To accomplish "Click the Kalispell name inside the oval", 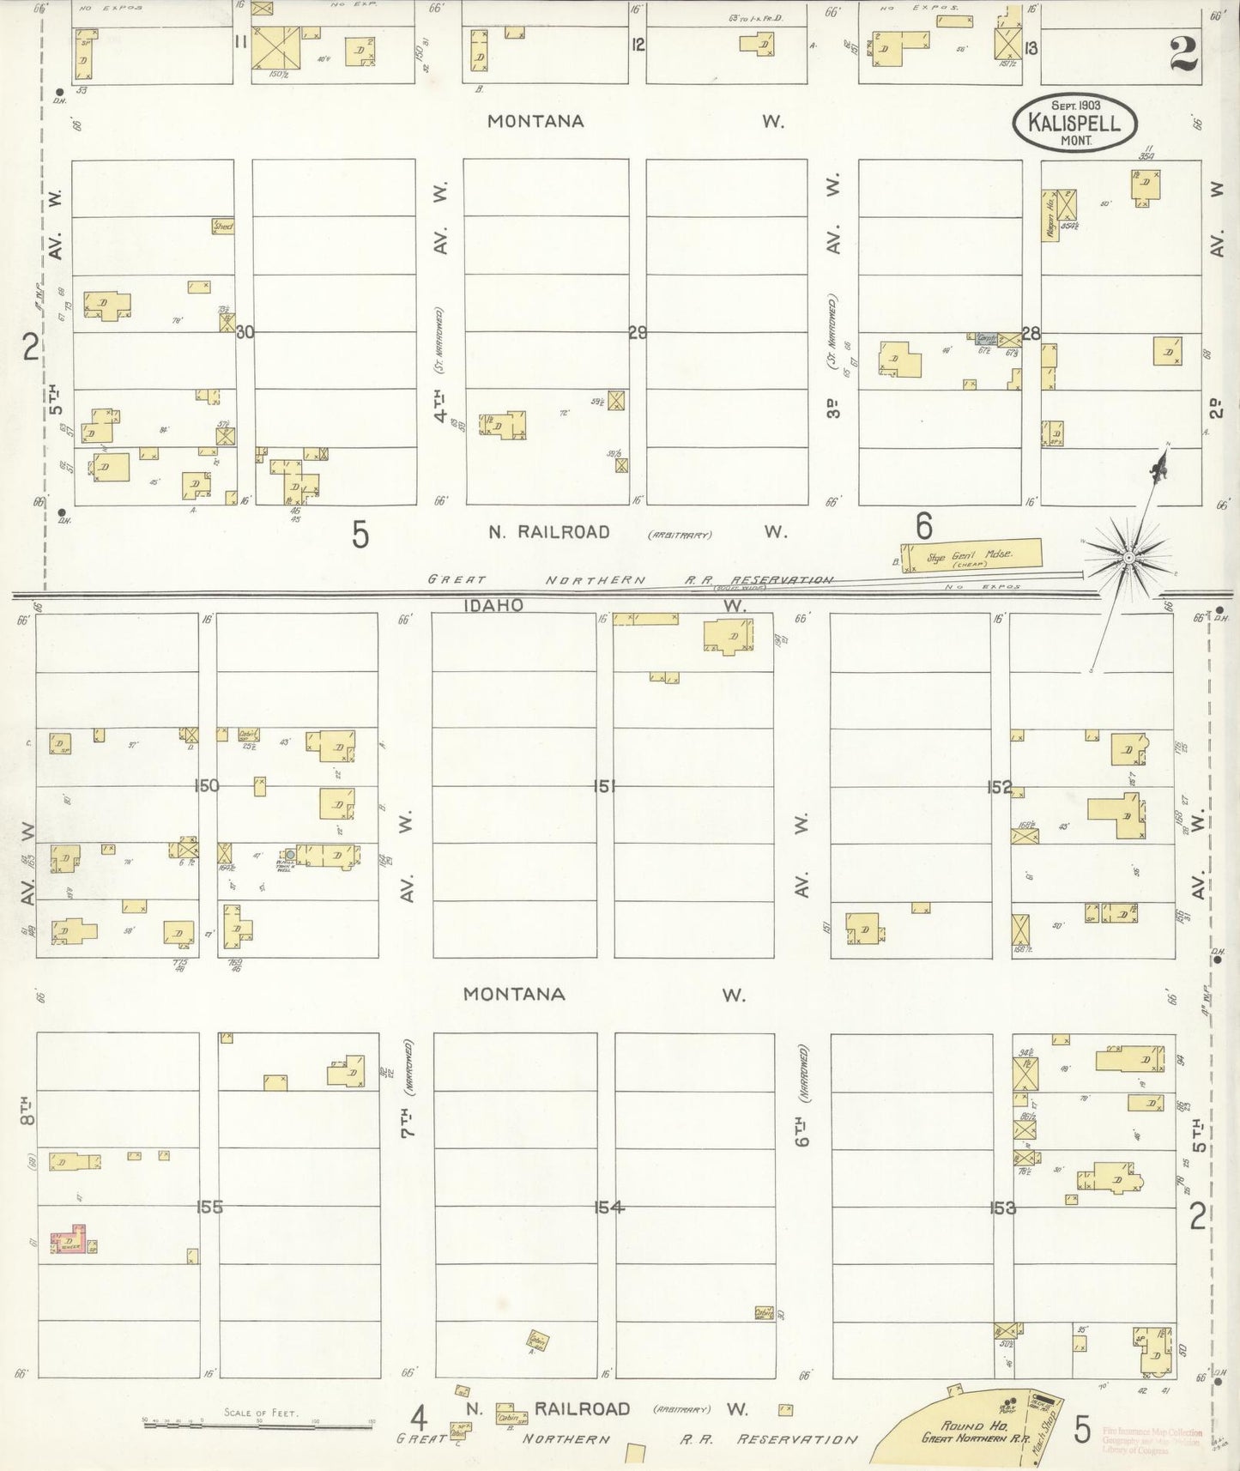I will [x=1074, y=123].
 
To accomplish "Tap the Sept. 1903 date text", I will [x=1075, y=106].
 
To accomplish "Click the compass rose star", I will [x=1128, y=558].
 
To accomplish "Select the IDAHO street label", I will [x=493, y=605].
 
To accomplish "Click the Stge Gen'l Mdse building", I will [x=971, y=555].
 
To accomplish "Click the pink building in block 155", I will [x=69, y=1242].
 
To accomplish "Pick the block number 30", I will [x=245, y=332].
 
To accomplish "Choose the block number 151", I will [x=605, y=785].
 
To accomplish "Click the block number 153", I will [x=1002, y=1208].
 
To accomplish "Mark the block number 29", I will [x=638, y=332].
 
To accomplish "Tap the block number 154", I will [x=608, y=1208].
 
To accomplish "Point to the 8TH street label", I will [x=26, y=1110].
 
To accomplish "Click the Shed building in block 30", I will [x=223, y=227].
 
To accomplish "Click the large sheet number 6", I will [x=923, y=525].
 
